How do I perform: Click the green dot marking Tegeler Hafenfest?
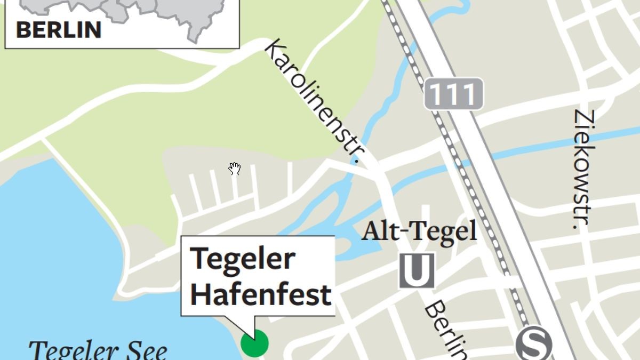click(254, 343)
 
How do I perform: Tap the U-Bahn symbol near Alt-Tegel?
click(417, 270)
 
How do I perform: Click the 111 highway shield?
click(454, 94)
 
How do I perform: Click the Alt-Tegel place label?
click(419, 232)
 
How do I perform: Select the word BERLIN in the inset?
click(59, 30)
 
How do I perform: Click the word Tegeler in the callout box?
click(243, 259)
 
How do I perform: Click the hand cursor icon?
click(235, 169)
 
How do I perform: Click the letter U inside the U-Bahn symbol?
click(417, 270)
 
